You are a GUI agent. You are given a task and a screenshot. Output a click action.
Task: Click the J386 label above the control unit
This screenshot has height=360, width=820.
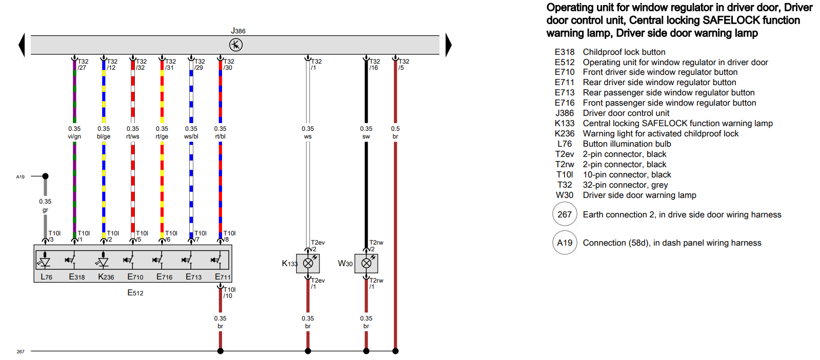point(238,31)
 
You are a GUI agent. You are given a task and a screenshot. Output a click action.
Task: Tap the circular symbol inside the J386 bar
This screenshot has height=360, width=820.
point(236,45)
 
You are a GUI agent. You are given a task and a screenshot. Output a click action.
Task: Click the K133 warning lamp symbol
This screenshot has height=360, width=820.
point(308,263)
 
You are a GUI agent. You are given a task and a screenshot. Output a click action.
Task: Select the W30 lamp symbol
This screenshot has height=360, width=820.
point(367,263)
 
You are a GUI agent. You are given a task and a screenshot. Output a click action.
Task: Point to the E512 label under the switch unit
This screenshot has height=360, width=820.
point(135,293)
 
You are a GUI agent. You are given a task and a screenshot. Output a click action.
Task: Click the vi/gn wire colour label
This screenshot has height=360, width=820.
point(74,136)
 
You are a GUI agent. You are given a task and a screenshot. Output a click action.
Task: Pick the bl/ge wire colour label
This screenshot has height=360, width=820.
point(104,136)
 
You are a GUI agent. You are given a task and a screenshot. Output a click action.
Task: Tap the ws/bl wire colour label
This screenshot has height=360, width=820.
point(191,136)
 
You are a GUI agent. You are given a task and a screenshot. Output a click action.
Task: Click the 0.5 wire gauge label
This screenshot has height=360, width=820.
point(395,129)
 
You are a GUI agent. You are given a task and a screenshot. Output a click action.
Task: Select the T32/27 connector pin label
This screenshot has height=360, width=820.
point(83,64)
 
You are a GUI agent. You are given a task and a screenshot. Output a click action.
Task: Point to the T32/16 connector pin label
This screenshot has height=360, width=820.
point(374,64)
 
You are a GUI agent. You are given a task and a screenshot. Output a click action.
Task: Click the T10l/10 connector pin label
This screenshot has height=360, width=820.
point(229,292)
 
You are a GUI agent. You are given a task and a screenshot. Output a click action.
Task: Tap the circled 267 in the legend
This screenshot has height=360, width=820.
point(565,214)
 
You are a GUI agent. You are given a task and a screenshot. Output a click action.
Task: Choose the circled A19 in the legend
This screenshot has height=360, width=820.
point(565,243)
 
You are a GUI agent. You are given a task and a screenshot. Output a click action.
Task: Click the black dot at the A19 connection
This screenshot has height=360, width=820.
point(45,176)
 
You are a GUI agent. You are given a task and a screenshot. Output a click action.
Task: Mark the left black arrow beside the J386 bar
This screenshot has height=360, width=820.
point(22,45)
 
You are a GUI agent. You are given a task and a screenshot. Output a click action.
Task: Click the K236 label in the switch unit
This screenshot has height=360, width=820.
point(106,277)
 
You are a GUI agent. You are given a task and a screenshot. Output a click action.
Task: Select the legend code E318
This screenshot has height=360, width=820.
point(565,52)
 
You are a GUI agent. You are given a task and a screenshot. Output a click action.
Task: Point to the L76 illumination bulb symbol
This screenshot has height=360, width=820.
point(45,262)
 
